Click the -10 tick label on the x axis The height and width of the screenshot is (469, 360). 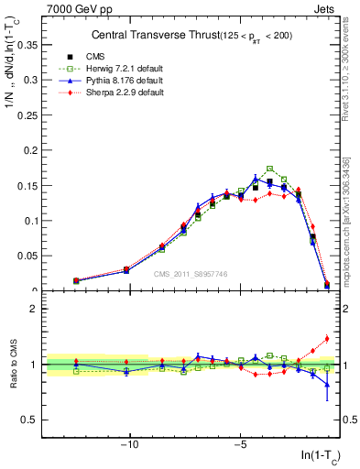[129, 445]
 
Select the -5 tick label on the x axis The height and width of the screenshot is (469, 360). [240, 445]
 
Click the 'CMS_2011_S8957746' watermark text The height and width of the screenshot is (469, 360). [191, 273]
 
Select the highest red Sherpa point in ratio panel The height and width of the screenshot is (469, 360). [327, 339]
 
